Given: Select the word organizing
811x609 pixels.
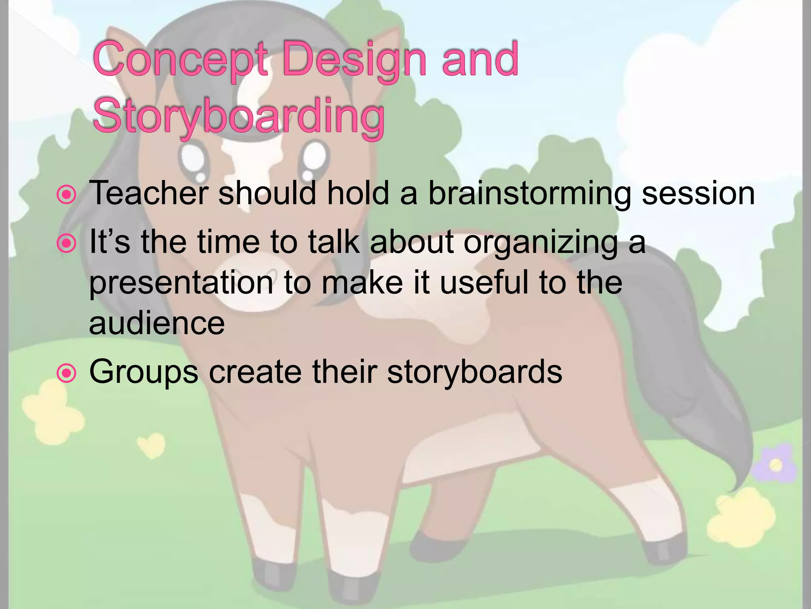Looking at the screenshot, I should [541, 243].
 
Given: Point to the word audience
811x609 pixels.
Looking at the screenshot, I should [157, 323].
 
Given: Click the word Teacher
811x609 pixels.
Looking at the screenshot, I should [149, 193].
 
